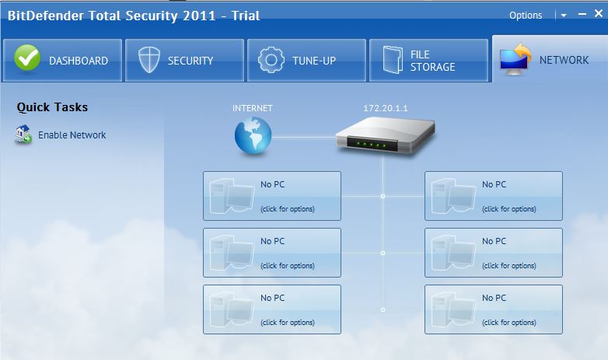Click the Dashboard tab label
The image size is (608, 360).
coord(79,60)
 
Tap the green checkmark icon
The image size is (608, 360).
coord(26,59)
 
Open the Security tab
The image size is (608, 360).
coord(190,60)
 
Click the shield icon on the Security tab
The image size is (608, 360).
coord(149,60)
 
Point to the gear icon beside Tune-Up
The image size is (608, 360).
coord(271,60)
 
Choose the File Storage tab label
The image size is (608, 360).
coord(432,60)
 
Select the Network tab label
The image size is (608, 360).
coord(564,60)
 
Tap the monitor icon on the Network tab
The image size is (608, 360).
coord(515,59)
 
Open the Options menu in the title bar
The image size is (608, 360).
coord(526,15)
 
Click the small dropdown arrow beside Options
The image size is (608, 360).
coord(563,15)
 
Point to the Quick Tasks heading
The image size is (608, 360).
coord(52,107)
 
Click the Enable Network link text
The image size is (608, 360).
coord(72,135)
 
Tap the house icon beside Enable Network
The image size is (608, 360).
coord(23,135)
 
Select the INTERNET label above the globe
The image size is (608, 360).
coord(253,108)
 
